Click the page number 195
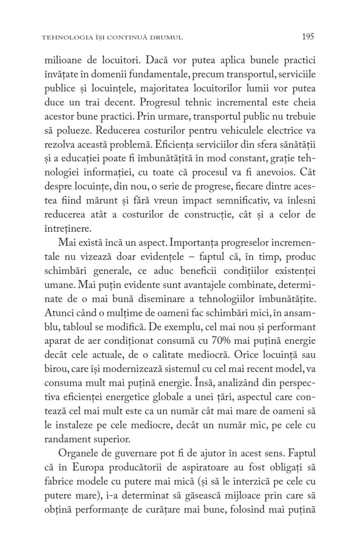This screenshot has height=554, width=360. [307, 36]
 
